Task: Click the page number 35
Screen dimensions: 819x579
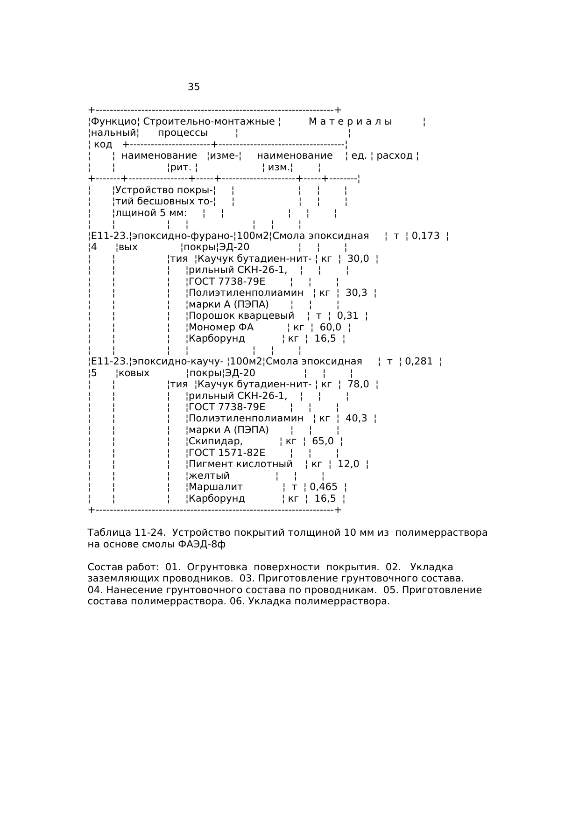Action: tap(194, 87)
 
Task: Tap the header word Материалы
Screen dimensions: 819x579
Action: tap(350, 122)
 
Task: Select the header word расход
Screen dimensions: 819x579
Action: tap(395, 155)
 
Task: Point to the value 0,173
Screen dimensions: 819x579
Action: tap(425, 236)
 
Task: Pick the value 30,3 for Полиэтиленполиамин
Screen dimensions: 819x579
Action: tap(356, 293)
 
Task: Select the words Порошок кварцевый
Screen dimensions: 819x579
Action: tap(241, 315)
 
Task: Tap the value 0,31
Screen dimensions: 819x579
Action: tap(347, 315)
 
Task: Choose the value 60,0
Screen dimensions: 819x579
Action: tap(331, 327)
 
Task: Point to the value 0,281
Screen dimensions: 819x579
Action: tap(419, 361)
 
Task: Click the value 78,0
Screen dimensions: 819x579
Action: tap(358, 384)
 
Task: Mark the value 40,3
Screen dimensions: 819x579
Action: tap(356, 418)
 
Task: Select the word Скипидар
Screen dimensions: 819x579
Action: tap(215, 441)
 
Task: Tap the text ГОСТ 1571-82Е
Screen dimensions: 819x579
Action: tap(226, 453)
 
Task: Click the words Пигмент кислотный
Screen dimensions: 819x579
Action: tap(240, 464)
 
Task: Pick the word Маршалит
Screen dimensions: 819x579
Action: tap(216, 487)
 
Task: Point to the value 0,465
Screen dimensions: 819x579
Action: tap(324, 487)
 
